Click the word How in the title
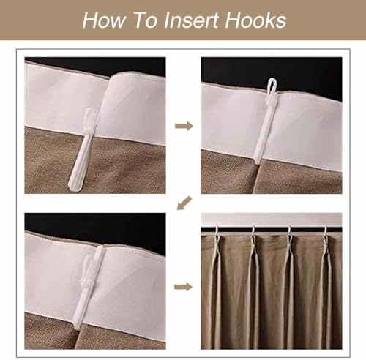point(104,20)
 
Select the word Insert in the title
point(191,20)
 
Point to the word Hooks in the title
point(255,20)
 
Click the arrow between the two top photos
point(184,126)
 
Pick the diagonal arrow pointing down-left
point(184,203)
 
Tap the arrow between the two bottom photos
point(183,287)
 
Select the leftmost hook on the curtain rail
point(216,230)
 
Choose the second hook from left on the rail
point(253,231)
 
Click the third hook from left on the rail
point(289,231)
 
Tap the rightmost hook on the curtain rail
point(325,231)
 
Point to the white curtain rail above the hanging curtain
point(272,220)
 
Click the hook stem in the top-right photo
point(264,130)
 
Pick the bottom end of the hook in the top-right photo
point(257,162)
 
